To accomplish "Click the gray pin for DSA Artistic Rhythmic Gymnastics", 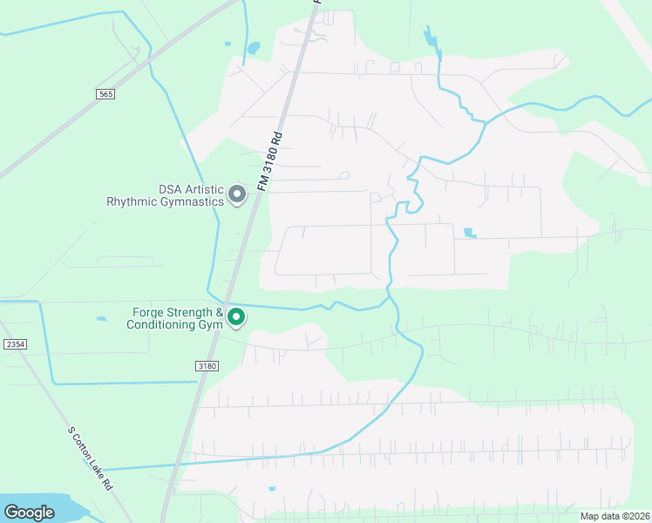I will point(236,195).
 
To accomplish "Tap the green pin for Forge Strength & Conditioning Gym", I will point(236,318).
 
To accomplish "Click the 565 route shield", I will point(105,93).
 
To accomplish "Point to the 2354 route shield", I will point(15,344).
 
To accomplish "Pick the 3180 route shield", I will point(206,366).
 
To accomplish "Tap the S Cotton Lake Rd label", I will point(91,458).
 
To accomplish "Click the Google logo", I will point(29,513).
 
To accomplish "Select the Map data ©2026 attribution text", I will point(603,516).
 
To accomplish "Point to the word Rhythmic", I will point(131,201).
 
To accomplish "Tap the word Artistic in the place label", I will point(201,189).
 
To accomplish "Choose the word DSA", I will point(170,189).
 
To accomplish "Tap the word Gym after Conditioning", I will point(212,325).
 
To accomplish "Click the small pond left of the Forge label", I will point(102,319).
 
